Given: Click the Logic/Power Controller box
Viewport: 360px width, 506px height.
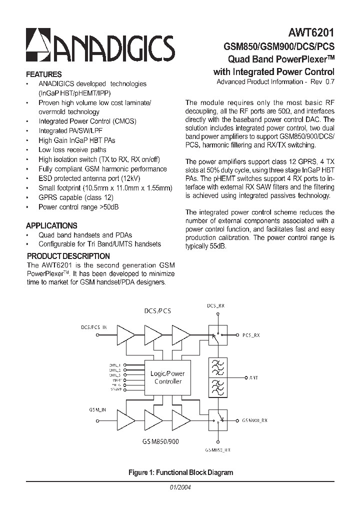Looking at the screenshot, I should [167, 377].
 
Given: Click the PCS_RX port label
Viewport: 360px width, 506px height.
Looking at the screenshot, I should [251, 335].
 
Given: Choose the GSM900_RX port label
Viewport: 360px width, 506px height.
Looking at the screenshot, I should [255, 420].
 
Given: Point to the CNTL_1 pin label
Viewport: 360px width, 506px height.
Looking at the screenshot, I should [115, 365].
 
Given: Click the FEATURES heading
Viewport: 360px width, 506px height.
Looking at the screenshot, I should [44, 74].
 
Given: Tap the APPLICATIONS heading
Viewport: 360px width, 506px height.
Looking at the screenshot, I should [51, 225].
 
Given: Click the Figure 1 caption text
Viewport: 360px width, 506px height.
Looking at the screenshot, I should [180, 472].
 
